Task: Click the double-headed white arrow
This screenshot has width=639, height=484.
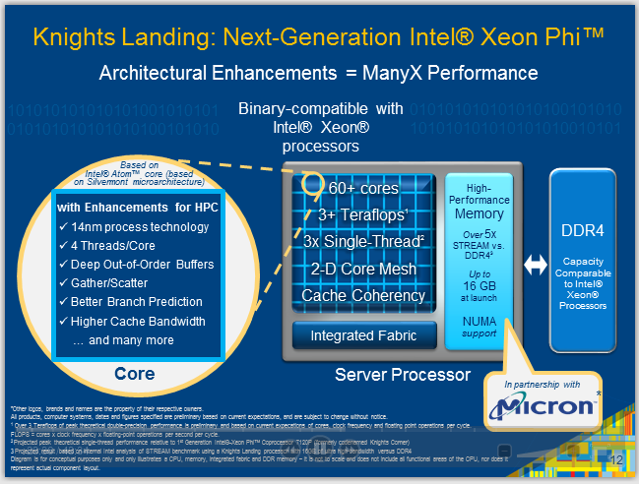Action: coord(534,263)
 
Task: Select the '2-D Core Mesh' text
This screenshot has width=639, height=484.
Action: coord(364,269)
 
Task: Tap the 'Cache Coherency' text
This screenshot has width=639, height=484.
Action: coord(363,295)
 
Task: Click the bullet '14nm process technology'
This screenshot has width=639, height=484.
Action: coord(140,227)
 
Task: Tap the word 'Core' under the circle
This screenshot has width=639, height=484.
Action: coord(134,375)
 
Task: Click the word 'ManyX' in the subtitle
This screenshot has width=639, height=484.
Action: coord(413,74)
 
